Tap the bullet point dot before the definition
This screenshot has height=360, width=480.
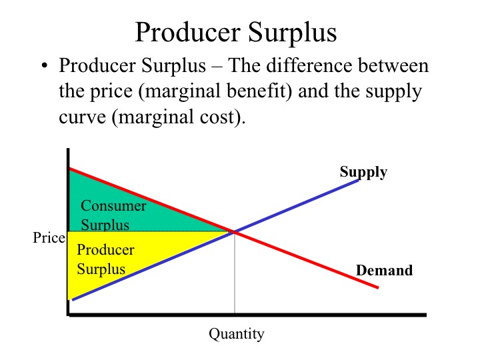[x=45, y=65]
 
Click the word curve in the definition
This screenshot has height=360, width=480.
[x=83, y=117]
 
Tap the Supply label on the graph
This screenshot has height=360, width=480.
[x=363, y=173]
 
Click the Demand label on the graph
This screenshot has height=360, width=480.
[x=384, y=270]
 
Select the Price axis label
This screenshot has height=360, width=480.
[x=49, y=237]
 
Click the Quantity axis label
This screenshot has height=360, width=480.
[x=236, y=334]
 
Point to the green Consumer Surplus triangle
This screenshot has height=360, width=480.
[x=123, y=208]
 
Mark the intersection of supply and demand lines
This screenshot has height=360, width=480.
[x=235, y=232]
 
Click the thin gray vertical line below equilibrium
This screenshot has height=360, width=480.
[x=235, y=273]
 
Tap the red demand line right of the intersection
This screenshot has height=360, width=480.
[x=307, y=260]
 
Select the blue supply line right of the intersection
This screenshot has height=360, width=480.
[x=297, y=206]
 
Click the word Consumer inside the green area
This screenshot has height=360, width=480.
[x=113, y=205]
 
